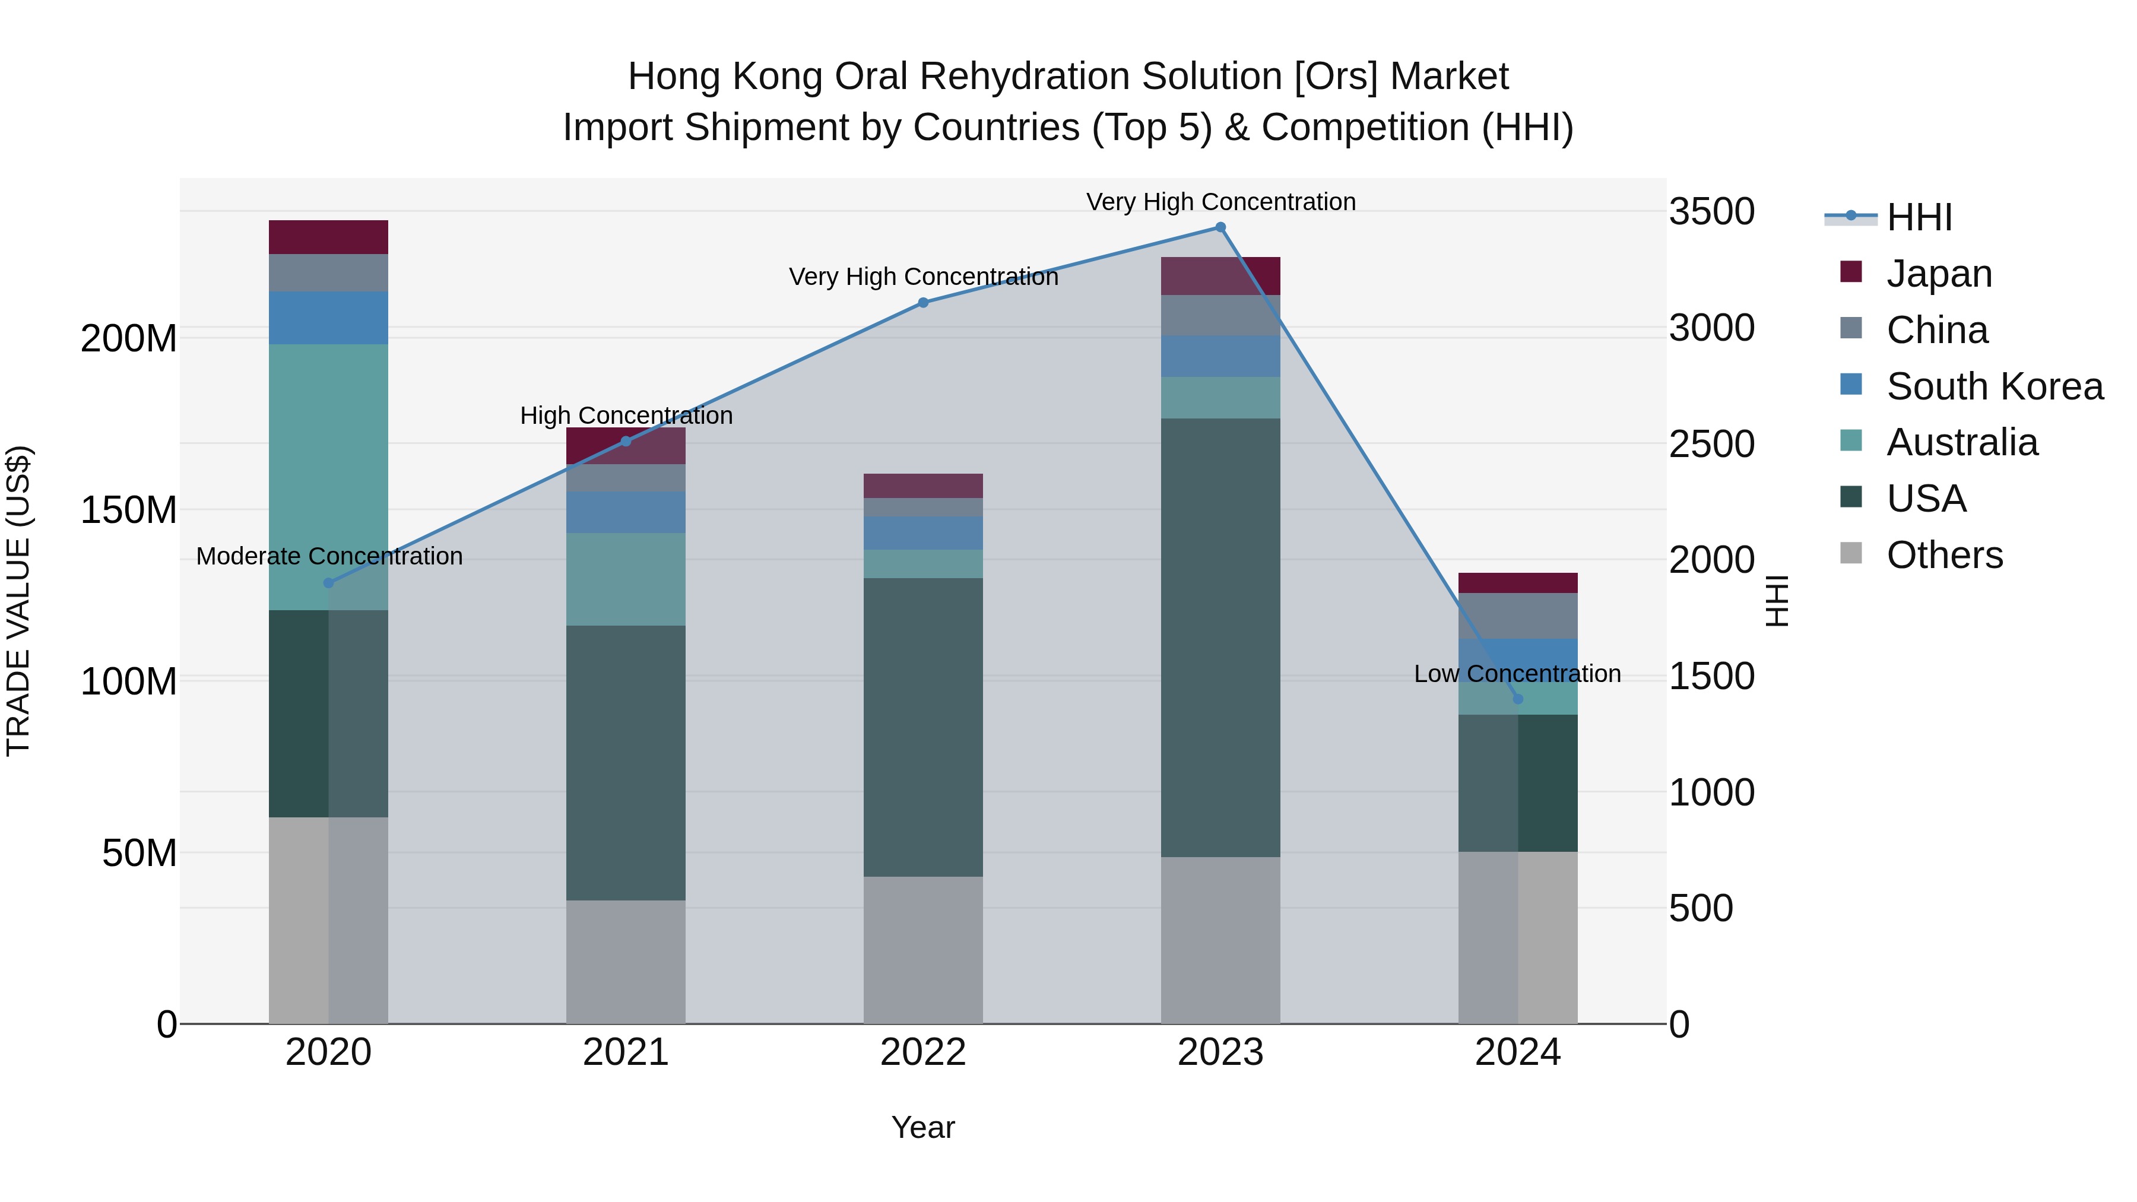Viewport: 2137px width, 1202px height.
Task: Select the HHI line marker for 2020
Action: pos(328,583)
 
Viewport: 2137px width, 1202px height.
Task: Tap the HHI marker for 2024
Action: pos(1517,699)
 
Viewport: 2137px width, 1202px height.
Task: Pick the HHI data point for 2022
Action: pos(922,303)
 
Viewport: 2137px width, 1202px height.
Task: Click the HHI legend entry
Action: pos(1918,217)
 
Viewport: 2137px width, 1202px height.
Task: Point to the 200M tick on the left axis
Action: pos(129,338)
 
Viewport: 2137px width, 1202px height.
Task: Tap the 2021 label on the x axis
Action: pos(626,1052)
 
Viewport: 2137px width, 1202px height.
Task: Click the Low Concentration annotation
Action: pos(1517,674)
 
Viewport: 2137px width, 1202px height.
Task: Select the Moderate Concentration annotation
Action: pos(329,556)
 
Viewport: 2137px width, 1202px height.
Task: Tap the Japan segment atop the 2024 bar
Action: pos(1517,582)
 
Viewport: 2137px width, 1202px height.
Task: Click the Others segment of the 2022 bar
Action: pos(922,950)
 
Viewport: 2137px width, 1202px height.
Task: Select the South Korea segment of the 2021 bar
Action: pos(626,512)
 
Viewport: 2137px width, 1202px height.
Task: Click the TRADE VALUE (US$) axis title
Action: pos(18,601)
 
